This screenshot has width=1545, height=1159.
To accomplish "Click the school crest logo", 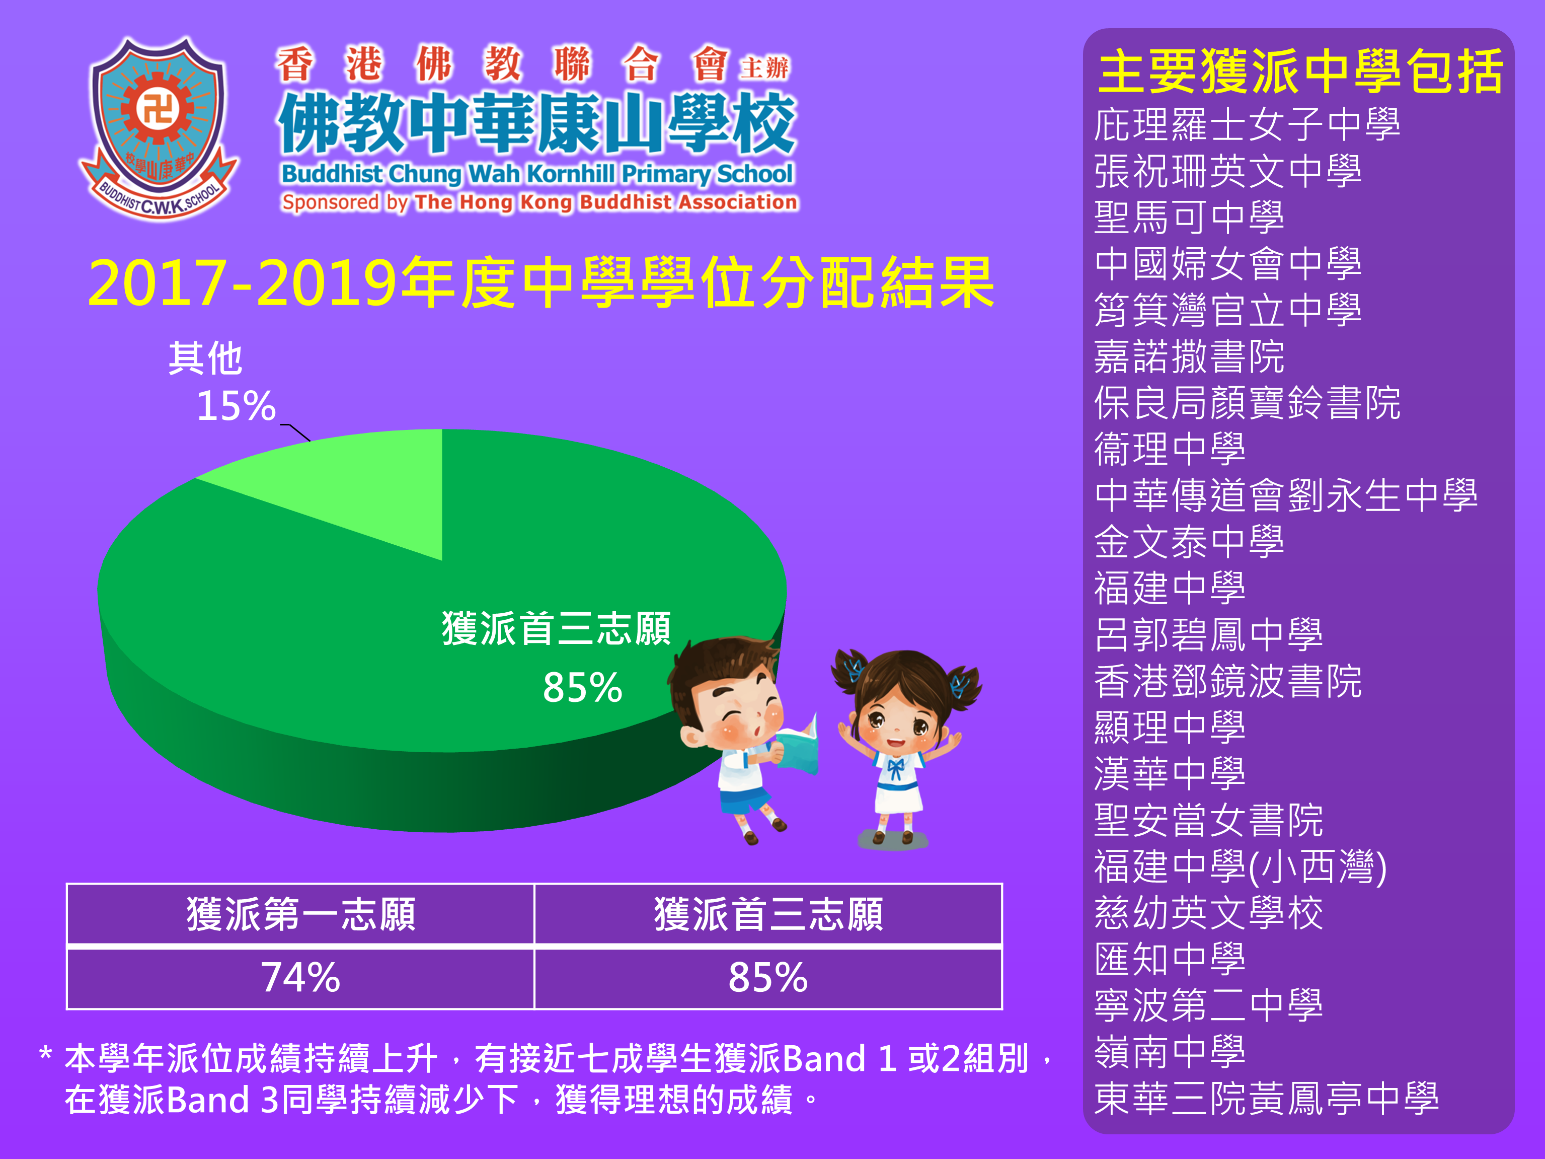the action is tap(159, 128).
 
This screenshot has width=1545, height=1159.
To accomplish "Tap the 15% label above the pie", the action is tap(236, 406).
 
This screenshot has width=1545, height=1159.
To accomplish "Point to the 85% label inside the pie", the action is tap(582, 687).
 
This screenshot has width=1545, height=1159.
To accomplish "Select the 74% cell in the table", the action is tap(300, 977).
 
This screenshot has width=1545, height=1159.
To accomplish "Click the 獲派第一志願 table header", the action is tap(301, 914).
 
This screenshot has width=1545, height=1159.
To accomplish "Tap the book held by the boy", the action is tap(798, 745).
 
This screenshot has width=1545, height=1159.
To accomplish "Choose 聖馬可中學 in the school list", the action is tap(1189, 218).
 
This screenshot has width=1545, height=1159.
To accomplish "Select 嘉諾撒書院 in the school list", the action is tap(1189, 356).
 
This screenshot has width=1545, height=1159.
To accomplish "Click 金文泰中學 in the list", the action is tap(1189, 542).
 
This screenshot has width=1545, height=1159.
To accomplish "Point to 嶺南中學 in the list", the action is tap(1170, 1052).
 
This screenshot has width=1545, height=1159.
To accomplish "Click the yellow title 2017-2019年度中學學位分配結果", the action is tap(542, 283).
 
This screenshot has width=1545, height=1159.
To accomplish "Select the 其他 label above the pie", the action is tap(205, 358).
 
